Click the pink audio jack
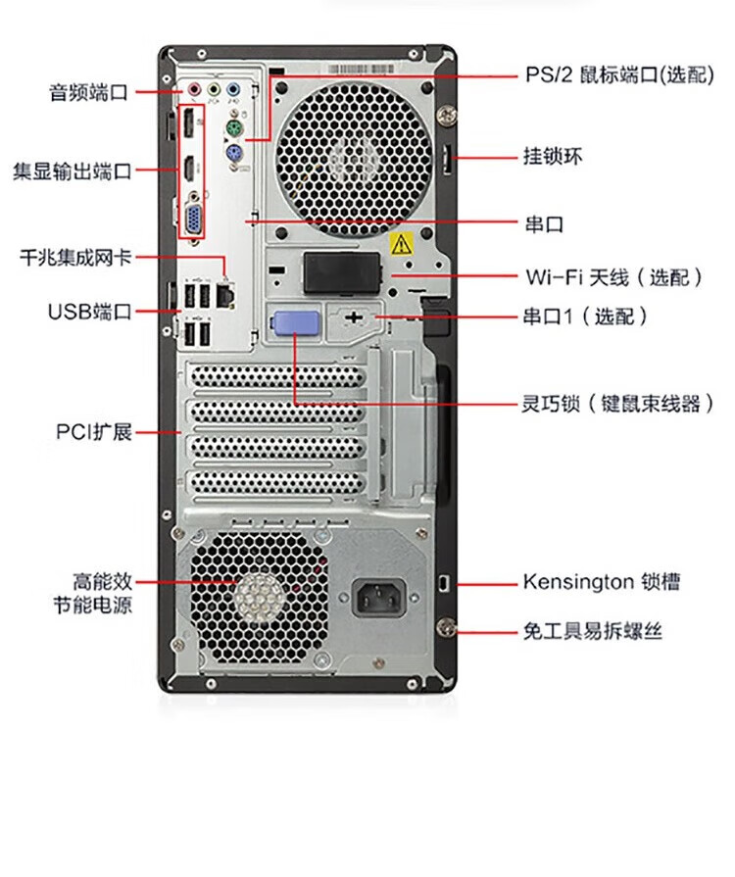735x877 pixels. [194, 89]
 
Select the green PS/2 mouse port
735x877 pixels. [234, 128]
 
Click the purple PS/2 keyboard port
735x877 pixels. [234, 152]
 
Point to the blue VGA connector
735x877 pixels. [194, 218]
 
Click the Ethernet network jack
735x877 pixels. [225, 295]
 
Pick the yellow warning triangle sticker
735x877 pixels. [401, 244]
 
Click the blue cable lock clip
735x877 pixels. [295, 322]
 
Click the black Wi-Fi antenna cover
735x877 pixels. [342, 273]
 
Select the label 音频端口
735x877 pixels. [89, 92]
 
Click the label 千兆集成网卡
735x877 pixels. [76, 258]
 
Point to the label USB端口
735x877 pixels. [89, 312]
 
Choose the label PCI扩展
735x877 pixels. [94, 432]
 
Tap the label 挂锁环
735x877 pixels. [553, 156]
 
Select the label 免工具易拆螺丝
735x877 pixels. [593, 631]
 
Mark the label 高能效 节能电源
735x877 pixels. [93, 594]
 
